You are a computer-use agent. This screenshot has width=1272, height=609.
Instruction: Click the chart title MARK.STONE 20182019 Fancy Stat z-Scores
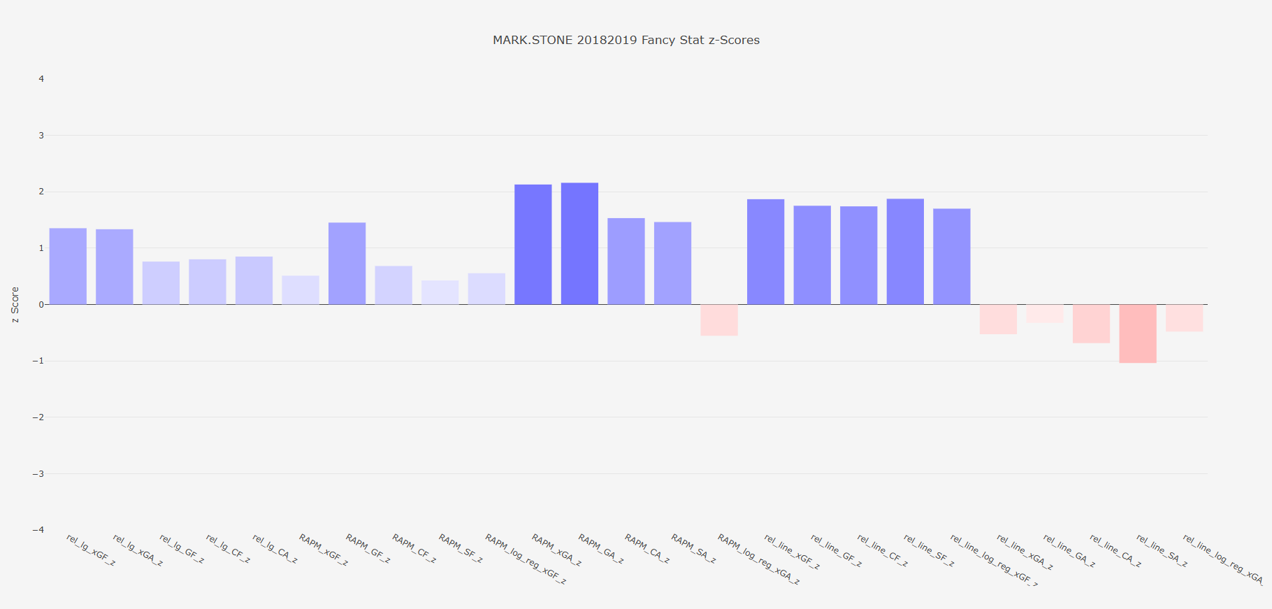point(626,40)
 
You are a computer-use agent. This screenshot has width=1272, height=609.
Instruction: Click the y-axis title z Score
point(15,304)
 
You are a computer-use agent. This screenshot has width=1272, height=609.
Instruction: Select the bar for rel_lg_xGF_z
point(68,266)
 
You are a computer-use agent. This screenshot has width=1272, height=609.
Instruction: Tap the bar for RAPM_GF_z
point(347,264)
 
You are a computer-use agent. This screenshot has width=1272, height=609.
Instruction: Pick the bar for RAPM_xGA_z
point(533,245)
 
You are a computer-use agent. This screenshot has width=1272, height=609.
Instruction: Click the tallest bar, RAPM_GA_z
point(579,243)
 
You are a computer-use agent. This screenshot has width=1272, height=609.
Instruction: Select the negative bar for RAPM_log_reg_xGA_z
point(719,320)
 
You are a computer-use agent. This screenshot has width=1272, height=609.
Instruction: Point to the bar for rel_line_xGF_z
point(765,252)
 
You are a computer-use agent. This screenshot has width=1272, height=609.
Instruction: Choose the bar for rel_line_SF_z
point(905,252)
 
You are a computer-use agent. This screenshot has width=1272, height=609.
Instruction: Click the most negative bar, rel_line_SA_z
point(1137,334)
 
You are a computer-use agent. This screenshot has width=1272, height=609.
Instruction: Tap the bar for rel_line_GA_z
point(1044,313)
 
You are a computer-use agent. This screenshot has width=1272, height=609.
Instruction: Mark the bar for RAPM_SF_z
point(440,292)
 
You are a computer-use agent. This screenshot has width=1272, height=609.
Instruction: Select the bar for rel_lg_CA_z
point(254,280)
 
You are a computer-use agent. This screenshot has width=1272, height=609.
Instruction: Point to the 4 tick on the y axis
point(41,79)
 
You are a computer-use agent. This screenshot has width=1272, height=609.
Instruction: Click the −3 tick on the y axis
point(38,473)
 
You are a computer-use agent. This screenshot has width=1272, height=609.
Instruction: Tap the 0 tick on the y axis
point(41,304)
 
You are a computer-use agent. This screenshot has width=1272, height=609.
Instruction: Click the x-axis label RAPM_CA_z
point(647,549)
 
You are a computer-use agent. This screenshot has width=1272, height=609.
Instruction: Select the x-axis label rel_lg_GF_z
point(182,549)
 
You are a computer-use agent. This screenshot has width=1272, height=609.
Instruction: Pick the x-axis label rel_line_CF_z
point(883,550)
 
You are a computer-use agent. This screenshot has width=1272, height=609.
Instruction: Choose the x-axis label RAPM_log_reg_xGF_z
point(526,559)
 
